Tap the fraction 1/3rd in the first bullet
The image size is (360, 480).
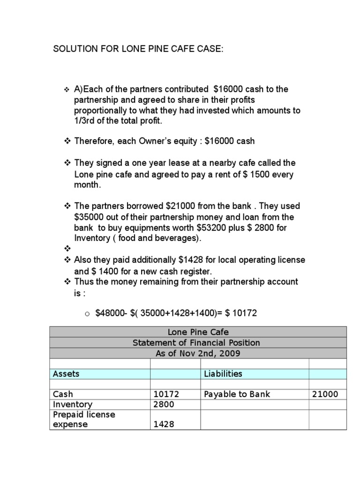pos(85,121)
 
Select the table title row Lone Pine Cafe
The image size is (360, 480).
pos(198,332)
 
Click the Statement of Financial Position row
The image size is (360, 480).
pos(198,343)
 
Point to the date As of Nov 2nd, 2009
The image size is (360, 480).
pos(198,353)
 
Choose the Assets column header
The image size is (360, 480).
pos(66,374)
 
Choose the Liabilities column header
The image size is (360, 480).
pos(223,374)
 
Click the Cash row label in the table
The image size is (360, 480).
pos(63,394)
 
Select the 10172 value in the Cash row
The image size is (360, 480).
pos(166,395)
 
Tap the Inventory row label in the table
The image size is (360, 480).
pos(73,405)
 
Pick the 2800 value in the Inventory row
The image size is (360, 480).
pos(164,405)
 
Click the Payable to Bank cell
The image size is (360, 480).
pos(237,394)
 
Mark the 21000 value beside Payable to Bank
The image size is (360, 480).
pos(325,395)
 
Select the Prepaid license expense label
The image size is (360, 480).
pos(84,420)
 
